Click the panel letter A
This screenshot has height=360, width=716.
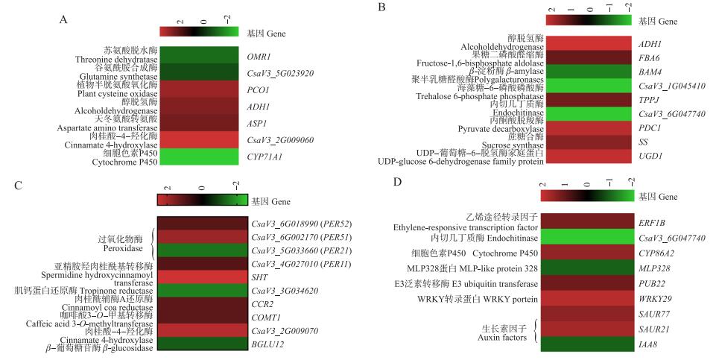pyautogui.click(x=63, y=20)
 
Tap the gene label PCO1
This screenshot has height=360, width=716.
pyautogui.click(x=258, y=89)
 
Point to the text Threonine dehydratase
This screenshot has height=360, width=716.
pyautogui.click(x=116, y=60)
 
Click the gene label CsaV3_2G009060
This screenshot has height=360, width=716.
pyautogui.click(x=279, y=139)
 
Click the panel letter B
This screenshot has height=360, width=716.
pyautogui.click(x=381, y=8)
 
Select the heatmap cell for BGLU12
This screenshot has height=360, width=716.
pyautogui.click(x=202, y=344)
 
